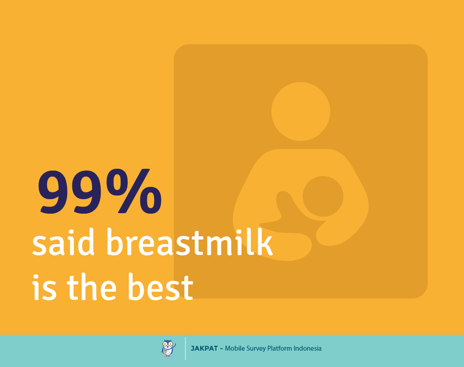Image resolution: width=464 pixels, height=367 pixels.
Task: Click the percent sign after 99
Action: tap(134, 191)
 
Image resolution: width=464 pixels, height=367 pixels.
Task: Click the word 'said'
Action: tap(63, 242)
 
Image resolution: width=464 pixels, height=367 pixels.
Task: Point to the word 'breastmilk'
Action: tap(189, 241)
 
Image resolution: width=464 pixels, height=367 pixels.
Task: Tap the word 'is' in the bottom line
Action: tap(44, 287)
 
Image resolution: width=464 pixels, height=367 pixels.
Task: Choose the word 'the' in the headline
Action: tap(92, 286)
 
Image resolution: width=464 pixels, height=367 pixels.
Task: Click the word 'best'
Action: tap(161, 286)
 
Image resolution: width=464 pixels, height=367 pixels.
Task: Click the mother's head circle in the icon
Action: tap(301, 112)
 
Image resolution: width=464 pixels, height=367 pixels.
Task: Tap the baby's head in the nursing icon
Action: tap(323, 196)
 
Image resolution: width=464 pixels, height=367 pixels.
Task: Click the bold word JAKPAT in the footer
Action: tap(204, 348)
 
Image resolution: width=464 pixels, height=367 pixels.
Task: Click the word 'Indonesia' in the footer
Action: tap(308, 348)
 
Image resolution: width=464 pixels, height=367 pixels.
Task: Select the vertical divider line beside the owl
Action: tap(185, 349)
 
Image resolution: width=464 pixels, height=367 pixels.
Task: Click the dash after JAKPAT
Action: tap(221, 349)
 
